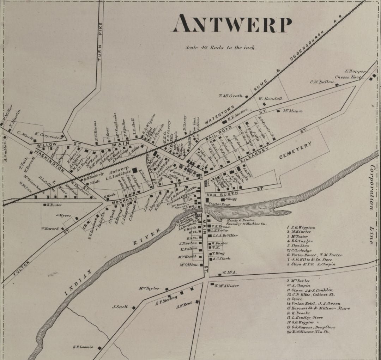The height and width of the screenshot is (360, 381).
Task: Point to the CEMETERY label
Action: [296, 151]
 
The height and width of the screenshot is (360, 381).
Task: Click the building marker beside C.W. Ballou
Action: [337, 85]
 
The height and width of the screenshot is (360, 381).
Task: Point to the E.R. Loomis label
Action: [83, 347]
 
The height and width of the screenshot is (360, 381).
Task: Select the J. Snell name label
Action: [120, 307]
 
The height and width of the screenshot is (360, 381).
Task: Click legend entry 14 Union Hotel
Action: [313, 304]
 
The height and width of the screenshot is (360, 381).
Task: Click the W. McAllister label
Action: [226, 286]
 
